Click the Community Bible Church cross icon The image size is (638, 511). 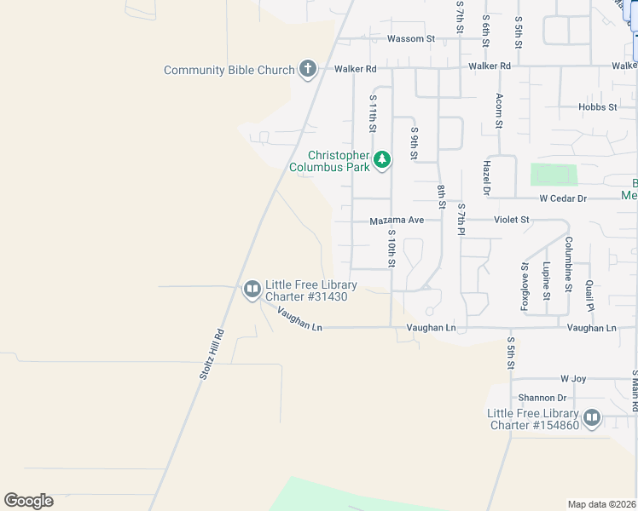[308, 70]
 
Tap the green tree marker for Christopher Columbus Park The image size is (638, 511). [383, 158]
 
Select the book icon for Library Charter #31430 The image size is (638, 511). [252, 290]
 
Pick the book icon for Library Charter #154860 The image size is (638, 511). [591, 418]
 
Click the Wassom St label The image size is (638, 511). [411, 39]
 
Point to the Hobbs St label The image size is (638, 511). [597, 107]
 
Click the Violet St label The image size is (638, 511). [512, 220]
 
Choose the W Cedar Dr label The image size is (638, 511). [563, 198]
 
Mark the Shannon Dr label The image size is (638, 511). [542, 398]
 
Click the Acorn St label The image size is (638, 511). [499, 111]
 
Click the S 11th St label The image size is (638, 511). [373, 113]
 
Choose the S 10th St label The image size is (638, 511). [391, 248]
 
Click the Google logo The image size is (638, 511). [28, 501]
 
